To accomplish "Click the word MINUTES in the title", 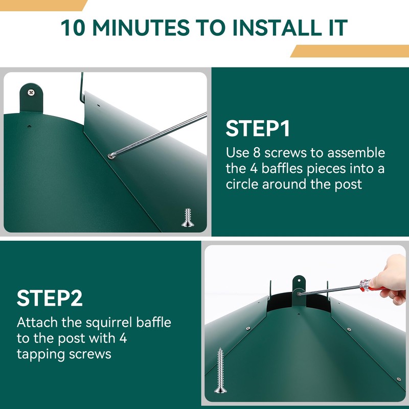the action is coord(141,28).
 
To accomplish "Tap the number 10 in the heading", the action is coord(73,28).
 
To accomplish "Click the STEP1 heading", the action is coord(258,128).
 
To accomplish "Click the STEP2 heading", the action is coord(50,298).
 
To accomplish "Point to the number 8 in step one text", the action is coord(257,152).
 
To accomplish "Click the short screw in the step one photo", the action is coord(188,218).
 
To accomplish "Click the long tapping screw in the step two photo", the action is coord(220,370).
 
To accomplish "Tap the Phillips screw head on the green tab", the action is coord(31,92).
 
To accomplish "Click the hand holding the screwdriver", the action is coord(390,279).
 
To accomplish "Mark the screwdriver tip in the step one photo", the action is coord(110,156).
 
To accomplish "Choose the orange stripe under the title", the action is coord(350,51).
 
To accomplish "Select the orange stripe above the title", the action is coord(43,6).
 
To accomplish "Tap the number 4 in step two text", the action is coord(123,338).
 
